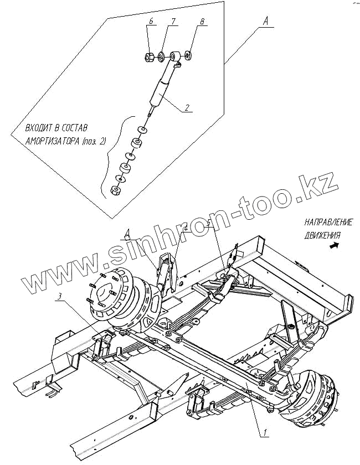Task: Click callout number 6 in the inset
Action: [x=150, y=22]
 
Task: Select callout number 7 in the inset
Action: [x=173, y=22]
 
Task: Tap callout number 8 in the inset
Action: [x=202, y=22]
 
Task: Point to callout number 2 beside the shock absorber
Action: [x=188, y=108]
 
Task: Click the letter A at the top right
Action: [x=266, y=21]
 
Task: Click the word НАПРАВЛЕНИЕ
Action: [x=328, y=223]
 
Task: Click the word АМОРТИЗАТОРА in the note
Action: [x=52, y=141]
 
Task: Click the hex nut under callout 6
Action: [x=149, y=57]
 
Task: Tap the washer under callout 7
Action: [x=161, y=56]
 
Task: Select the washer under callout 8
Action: [x=188, y=56]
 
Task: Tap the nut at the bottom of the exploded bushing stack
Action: [x=116, y=191]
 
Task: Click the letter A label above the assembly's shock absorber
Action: [x=128, y=233]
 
